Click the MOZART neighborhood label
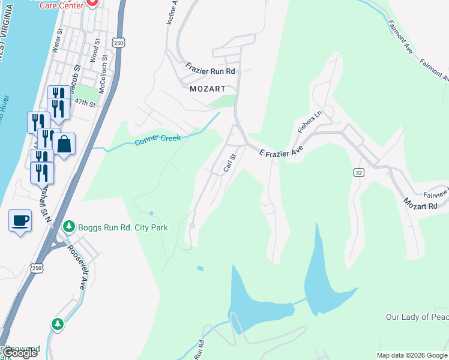click(207, 88)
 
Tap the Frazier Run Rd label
click(209, 70)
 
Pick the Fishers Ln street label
click(306, 122)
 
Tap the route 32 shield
click(358, 172)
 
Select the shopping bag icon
click(64, 144)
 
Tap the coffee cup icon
click(20, 220)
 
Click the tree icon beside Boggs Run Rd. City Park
click(70, 227)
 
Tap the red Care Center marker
click(92, 4)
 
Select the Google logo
click(19, 353)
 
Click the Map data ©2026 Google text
click(412, 355)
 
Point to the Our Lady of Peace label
click(417, 317)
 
